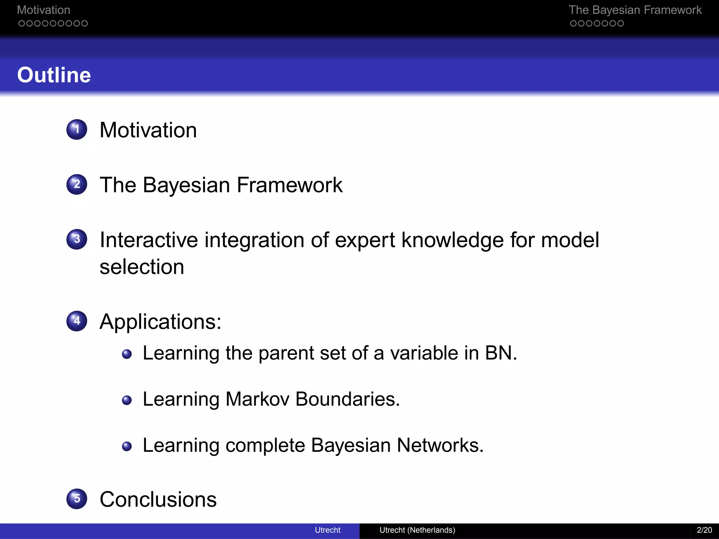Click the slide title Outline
(54, 75)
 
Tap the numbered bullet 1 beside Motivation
(77, 129)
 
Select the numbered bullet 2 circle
(77, 184)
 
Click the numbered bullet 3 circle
(77, 239)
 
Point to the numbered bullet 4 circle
(77, 321)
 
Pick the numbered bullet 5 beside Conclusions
(77, 499)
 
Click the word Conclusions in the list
(158, 499)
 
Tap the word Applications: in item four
(160, 321)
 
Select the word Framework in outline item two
(290, 185)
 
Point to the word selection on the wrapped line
(142, 267)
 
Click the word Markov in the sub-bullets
(257, 399)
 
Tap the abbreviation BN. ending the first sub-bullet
(501, 353)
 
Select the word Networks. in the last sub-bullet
(440, 445)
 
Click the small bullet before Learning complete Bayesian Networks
(127, 446)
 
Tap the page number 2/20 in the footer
(704, 530)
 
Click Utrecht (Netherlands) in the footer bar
(417, 530)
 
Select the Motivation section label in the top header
(44, 10)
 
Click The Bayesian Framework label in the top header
(635, 10)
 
